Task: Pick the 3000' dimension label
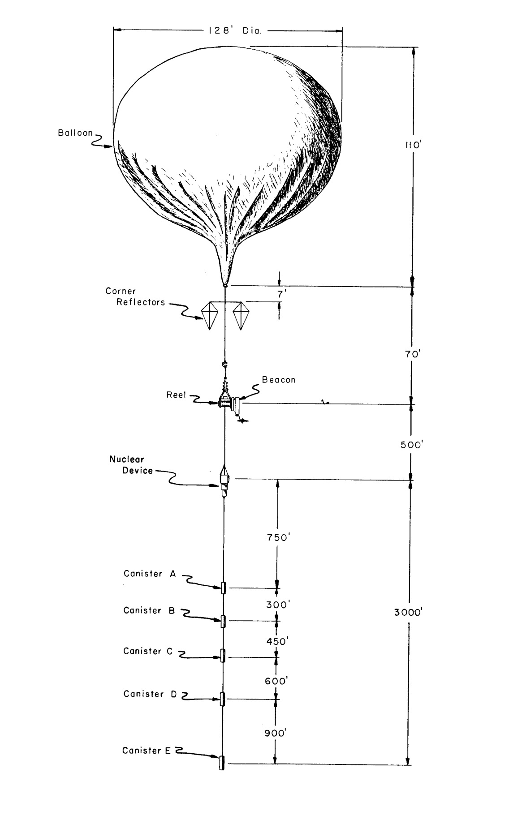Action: (409, 612)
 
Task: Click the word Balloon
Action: (75, 133)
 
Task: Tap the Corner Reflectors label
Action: (134, 296)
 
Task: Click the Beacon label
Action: (279, 380)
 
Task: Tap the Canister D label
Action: (150, 694)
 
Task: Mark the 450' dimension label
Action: (276, 641)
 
